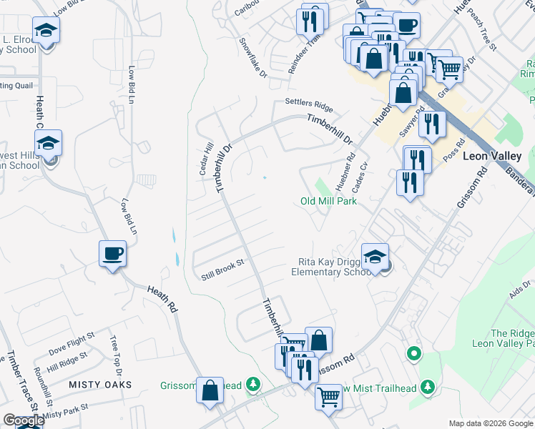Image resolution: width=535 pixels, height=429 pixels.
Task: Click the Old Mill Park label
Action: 328,201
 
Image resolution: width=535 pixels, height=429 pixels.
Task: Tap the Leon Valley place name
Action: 493,155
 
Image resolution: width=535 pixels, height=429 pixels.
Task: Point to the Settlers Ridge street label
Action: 309,104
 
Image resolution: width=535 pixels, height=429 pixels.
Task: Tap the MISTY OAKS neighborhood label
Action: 100,385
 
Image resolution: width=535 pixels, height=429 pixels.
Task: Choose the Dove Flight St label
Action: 72,343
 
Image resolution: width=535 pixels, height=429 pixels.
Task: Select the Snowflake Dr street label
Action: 252,64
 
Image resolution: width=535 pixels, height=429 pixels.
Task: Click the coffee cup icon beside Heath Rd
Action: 113,254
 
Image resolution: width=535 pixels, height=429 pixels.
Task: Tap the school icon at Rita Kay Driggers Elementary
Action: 375,257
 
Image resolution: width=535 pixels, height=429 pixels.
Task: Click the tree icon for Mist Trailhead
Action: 428,387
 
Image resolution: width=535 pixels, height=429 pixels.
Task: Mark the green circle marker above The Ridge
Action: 413,353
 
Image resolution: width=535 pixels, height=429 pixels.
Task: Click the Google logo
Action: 24,420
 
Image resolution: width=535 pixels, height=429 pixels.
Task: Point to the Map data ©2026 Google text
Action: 490,423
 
